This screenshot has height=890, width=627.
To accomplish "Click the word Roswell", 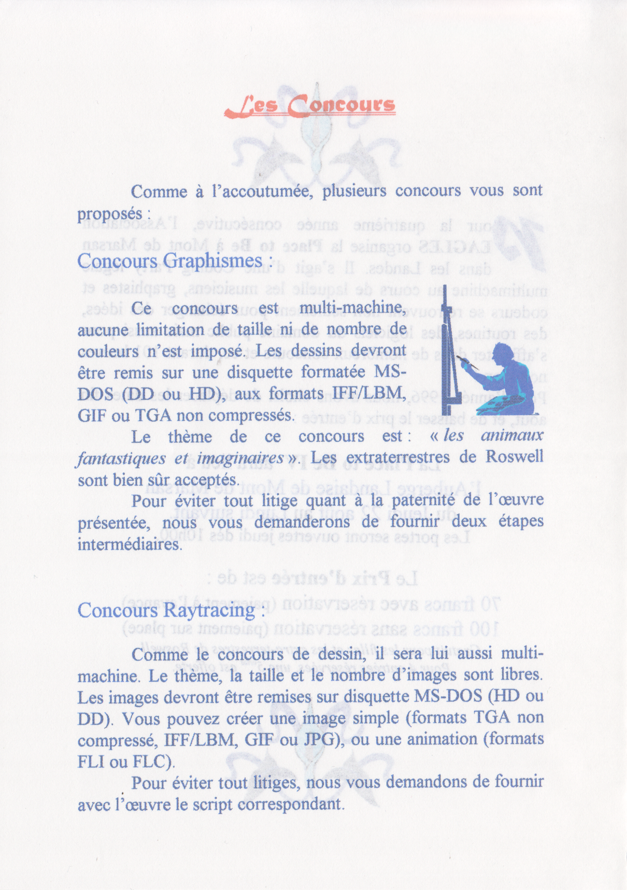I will point(514,457).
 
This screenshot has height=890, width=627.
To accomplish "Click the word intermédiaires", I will point(129,544).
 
